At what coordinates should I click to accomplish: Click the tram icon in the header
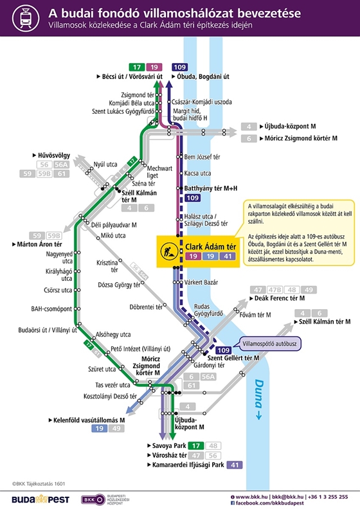[x=26, y=18]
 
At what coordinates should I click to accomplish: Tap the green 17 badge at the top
[x=137, y=67]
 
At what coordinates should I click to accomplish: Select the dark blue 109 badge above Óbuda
[x=179, y=67]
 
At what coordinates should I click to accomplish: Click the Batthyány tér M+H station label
[x=211, y=188]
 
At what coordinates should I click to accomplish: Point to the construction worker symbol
[x=169, y=251]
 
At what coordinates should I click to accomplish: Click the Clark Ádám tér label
[x=211, y=247]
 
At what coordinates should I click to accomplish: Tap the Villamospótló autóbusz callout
[x=270, y=344]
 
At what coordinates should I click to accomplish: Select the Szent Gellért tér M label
[x=233, y=358]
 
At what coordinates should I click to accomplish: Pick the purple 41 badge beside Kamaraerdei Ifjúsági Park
[x=235, y=465]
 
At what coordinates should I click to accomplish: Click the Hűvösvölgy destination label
[x=54, y=156]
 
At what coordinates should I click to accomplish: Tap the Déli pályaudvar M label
[x=114, y=225]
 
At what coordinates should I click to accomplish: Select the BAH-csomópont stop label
[x=51, y=308]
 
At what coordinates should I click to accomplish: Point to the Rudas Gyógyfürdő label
[x=208, y=310]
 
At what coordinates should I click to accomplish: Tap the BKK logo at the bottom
[x=93, y=500]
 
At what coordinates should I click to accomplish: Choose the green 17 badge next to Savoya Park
[x=195, y=446]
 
